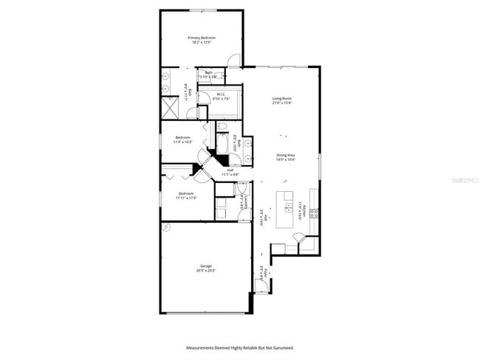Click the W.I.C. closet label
click(221, 94)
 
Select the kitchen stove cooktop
click(314, 212)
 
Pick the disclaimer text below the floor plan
click(240, 347)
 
